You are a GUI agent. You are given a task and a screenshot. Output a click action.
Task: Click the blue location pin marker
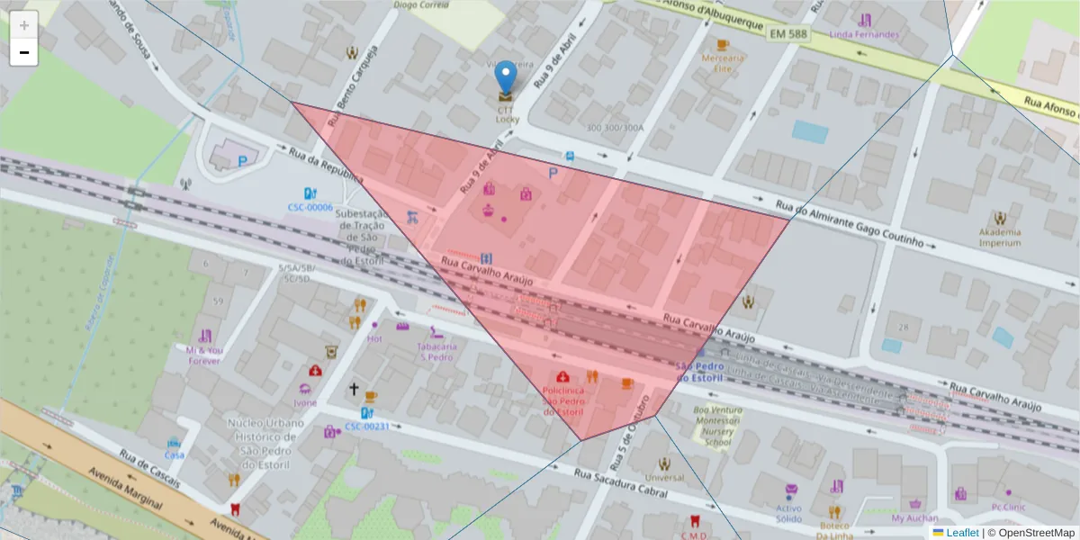pos(507,76)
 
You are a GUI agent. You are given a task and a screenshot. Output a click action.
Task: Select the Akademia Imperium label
pos(999,237)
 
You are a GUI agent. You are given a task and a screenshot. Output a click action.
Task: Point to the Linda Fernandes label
pos(864,35)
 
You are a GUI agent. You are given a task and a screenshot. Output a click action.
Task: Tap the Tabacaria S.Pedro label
pos(436,351)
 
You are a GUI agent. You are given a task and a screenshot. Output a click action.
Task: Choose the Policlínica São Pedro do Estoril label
pos(563,400)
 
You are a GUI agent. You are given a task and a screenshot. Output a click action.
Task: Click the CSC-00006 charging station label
pos(310,207)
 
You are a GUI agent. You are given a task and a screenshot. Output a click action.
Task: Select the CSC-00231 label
pos(366,426)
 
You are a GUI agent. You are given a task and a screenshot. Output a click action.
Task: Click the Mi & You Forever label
pos(204,355)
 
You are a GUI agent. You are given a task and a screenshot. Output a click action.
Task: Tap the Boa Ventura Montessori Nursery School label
pos(717,426)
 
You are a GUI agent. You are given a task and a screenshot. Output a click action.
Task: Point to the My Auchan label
pos(914,518)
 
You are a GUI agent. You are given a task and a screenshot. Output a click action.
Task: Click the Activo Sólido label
pos(788,514)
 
